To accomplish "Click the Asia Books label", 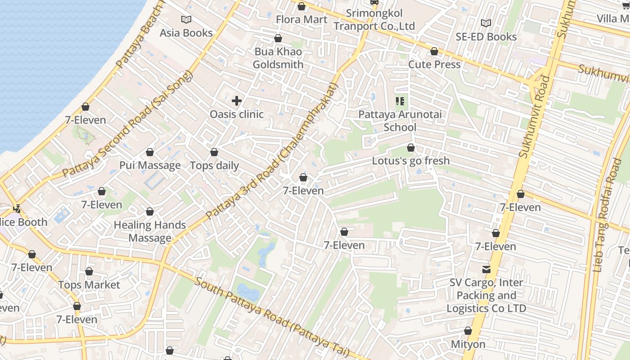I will coord(186,33).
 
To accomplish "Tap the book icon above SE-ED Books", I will coord(486,23).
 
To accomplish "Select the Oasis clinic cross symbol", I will coord(237,101).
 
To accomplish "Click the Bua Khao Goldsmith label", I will coord(278,58).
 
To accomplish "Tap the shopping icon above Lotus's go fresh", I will coord(410,148).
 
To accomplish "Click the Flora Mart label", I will coord(301,19).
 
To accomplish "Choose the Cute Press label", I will coord(434,64).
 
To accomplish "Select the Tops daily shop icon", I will coord(214,152).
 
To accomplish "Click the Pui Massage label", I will coord(150,165).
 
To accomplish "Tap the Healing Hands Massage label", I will coord(150,231).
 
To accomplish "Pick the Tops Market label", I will coord(89,285).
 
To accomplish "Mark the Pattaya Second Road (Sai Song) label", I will coord(127,124).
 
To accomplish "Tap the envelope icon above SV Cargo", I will coord(486,270).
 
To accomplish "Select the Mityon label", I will coord(468,344).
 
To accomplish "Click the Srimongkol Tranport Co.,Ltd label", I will coord(374,20).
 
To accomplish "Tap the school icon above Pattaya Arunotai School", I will coord(400,101).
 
